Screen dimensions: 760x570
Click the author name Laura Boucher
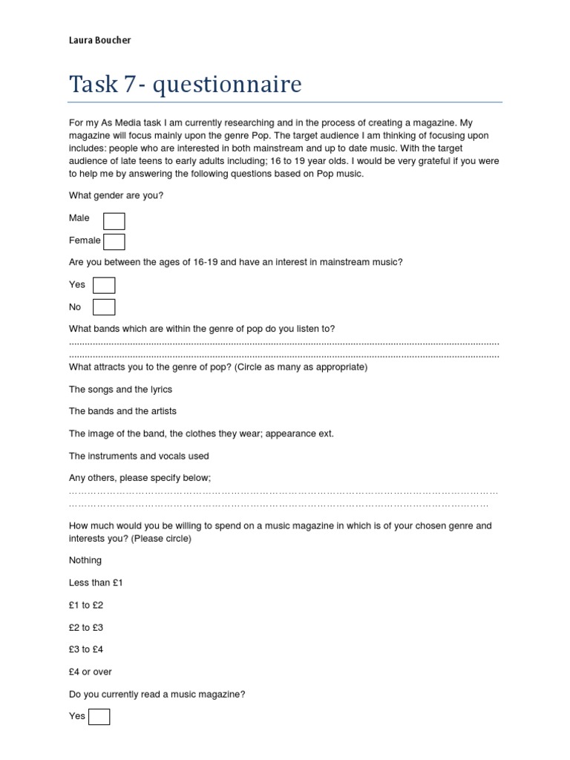(99, 40)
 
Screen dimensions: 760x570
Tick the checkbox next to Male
(114, 220)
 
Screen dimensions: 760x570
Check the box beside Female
(114, 241)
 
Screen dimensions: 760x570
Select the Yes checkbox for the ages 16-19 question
(104, 285)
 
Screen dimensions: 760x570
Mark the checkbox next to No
(104, 307)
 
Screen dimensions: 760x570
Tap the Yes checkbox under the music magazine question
(99, 716)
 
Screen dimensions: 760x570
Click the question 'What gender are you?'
(116, 195)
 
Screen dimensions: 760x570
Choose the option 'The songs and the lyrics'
(120, 389)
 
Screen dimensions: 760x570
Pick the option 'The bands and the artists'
(122, 411)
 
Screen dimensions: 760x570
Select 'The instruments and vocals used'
(139, 456)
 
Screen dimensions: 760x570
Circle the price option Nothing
(85, 560)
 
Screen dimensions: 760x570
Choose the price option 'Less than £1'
(96, 583)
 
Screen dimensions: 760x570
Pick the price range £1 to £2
(86, 605)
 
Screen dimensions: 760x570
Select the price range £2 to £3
(86, 627)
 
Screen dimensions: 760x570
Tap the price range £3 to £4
(86, 649)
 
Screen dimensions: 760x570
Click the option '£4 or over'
(91, 672)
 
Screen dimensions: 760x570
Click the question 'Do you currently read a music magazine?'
(157, 694)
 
